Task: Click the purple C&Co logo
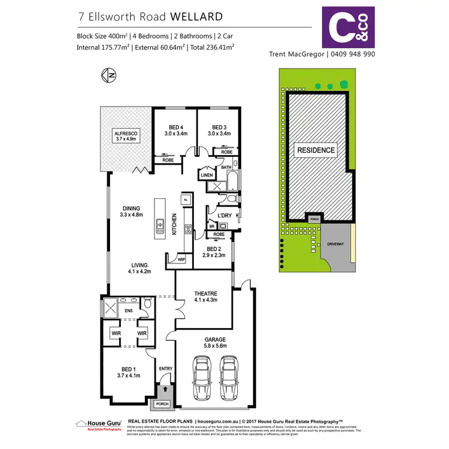(348, 27)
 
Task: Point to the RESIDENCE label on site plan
(315, 150)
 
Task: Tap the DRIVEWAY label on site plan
(335, 244)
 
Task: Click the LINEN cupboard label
(207, 175)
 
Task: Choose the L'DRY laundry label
(224, 215)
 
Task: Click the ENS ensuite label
(129, 311)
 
